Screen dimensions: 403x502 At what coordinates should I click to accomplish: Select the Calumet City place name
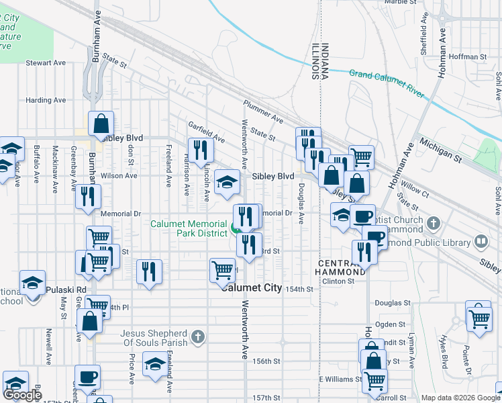[x=252, y=287]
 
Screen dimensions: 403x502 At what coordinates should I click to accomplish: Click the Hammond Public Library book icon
[x=481, y=240]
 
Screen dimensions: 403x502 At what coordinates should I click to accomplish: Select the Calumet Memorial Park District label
[x=189, y=228]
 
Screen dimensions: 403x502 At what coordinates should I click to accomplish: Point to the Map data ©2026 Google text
[x=460, y=398]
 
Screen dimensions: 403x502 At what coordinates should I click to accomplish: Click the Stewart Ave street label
[x=46, y=63]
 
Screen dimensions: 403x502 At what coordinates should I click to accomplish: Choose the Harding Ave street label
[x=46, y=100]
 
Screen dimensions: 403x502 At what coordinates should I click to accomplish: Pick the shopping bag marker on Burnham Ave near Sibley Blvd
[x=101, y=124]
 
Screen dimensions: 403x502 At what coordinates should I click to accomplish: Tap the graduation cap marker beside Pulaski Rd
[x=32, y=283]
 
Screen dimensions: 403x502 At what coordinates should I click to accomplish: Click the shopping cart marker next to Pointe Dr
[x=479, y=315]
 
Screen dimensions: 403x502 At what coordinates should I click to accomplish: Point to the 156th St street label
[x=266, y=361]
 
